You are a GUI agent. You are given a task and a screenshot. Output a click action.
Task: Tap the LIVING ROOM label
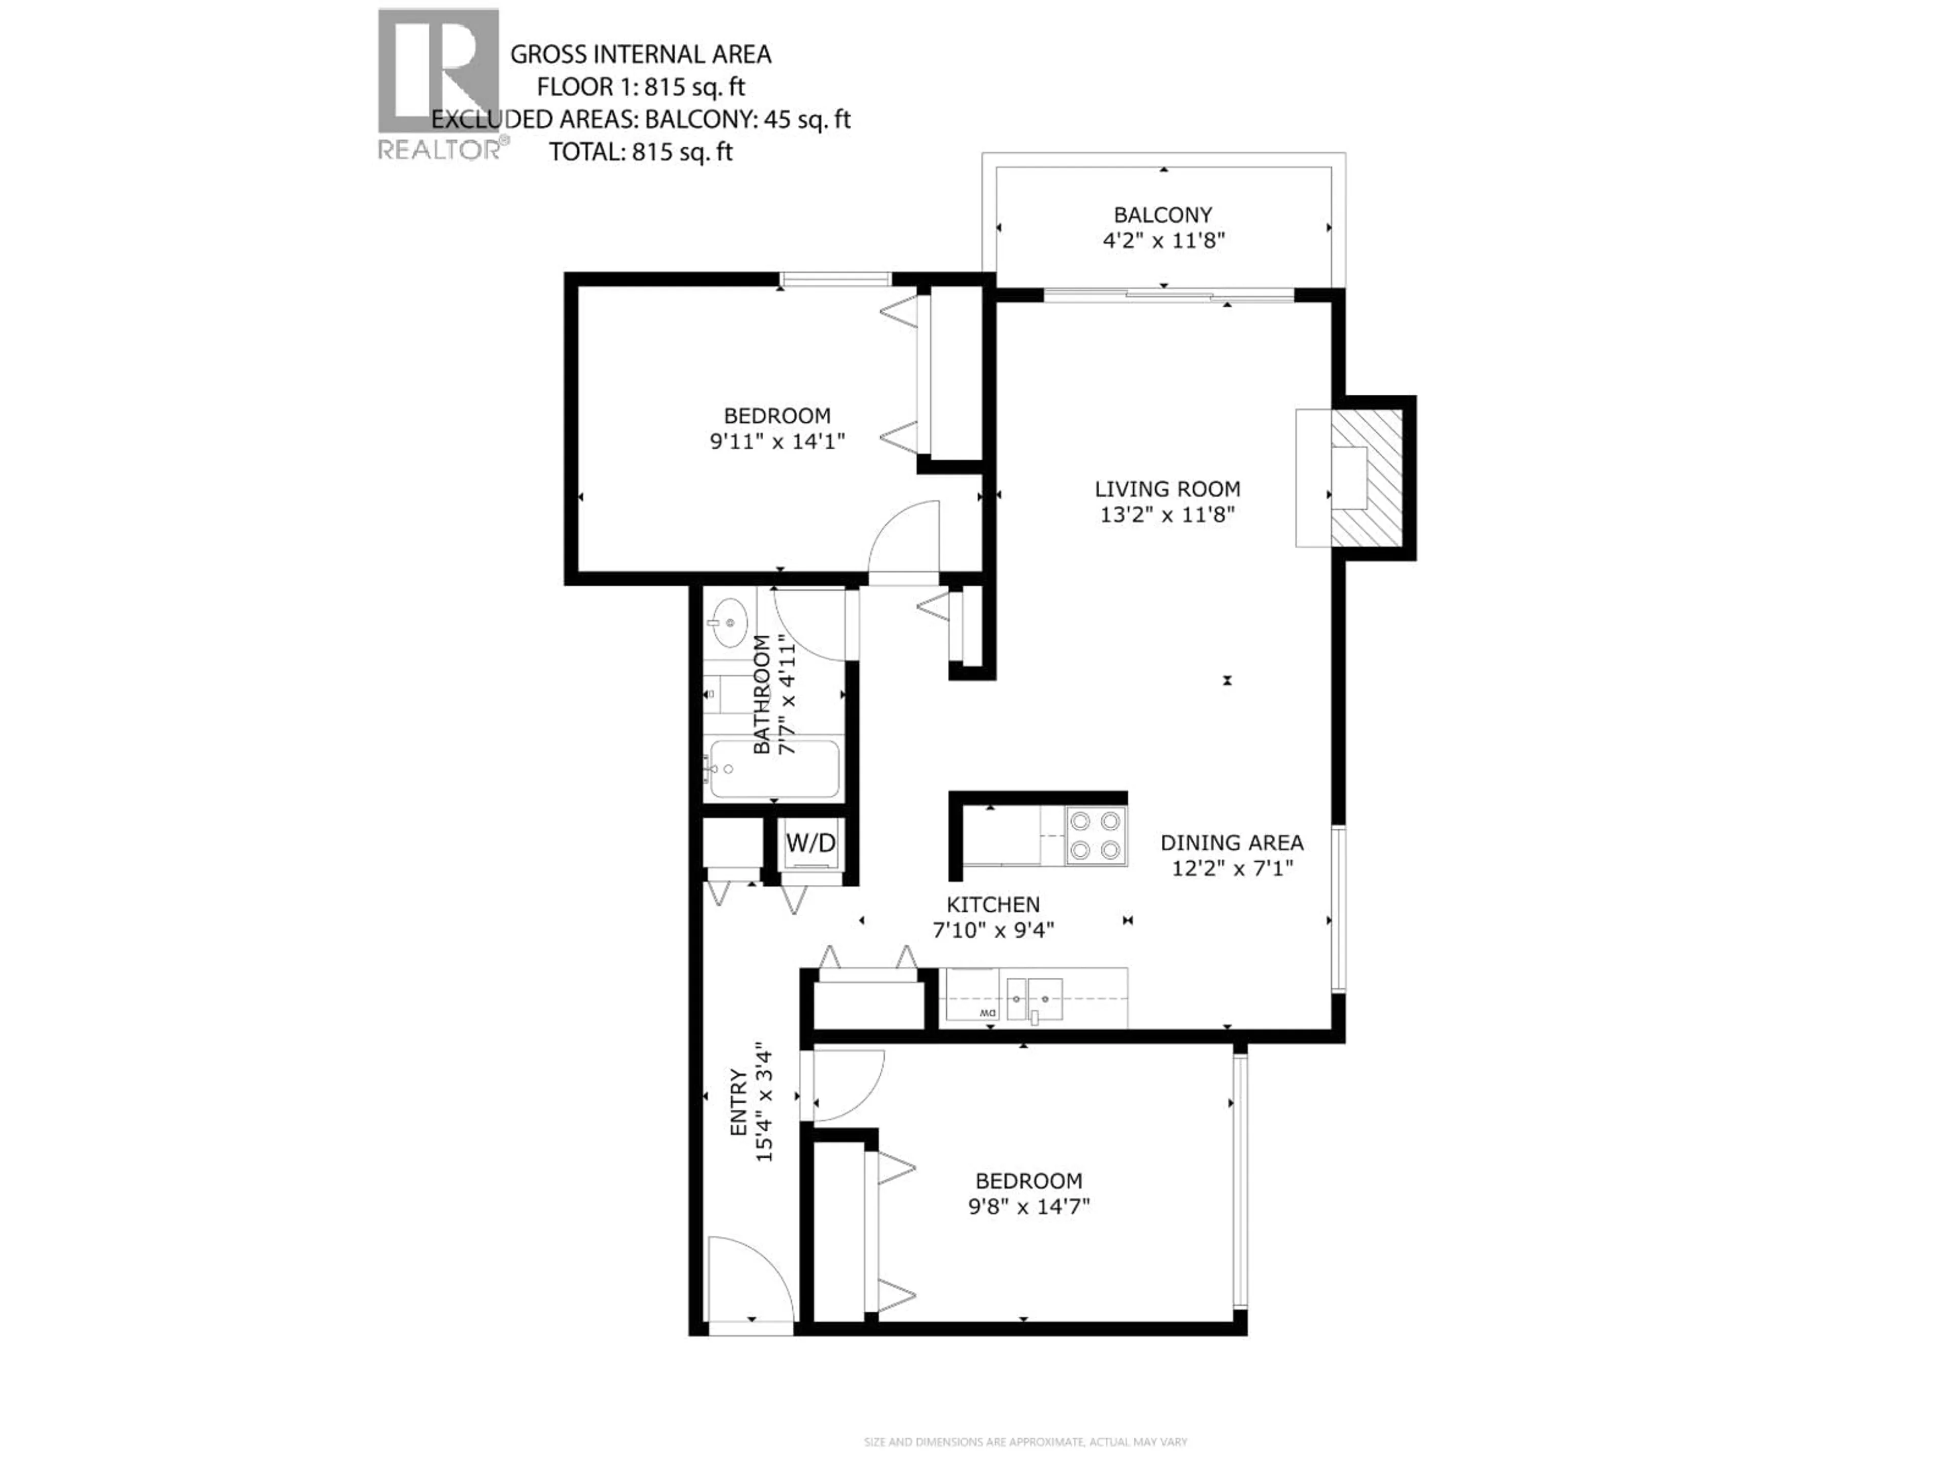(1167, 489)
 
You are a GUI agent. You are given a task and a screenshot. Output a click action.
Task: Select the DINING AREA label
(1231, 843)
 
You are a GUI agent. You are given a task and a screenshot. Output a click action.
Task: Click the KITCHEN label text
(993, 905)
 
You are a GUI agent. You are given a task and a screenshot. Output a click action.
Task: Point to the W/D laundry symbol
(811, 843)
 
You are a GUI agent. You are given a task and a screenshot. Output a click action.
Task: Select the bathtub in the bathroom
(774, 769)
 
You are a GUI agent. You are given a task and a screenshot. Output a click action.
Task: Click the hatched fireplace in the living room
(1366, 477)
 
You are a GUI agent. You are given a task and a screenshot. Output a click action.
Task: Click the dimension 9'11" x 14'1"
(778, 441)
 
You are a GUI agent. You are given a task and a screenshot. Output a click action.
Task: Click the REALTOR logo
(439, 84)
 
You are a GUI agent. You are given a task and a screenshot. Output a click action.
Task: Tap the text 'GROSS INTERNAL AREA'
(641, 55)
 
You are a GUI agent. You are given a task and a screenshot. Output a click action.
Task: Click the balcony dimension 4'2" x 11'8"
(1163, 240)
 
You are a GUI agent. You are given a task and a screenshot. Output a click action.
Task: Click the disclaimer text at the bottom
(1025, 1442)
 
